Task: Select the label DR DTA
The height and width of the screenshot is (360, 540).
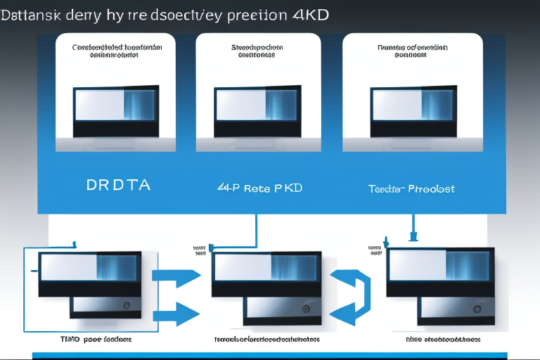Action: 118,186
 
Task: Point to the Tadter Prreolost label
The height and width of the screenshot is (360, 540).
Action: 411,188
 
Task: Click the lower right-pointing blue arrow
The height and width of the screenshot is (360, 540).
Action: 176,311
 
